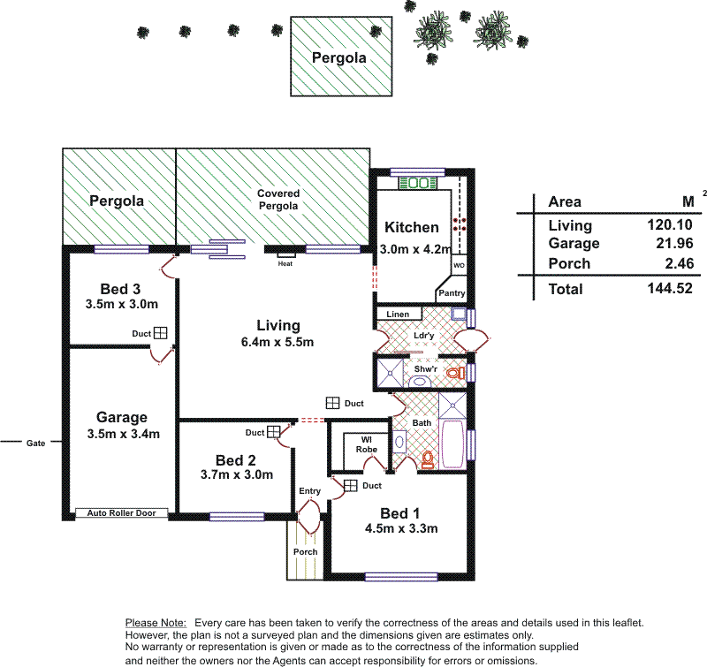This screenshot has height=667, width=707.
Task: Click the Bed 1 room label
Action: [394, 513]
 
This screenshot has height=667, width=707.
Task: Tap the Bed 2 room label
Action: [235, 459]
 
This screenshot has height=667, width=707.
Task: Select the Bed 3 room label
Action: [121, 289]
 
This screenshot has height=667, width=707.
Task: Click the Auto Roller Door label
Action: [121, 513]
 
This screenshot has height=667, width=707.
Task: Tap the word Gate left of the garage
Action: [35, 443]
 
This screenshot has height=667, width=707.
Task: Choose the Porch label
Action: [305, 552]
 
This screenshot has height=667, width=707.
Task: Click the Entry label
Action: [310, 491]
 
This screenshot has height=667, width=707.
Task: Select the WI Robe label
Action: [367, 443]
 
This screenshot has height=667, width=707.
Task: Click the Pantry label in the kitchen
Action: [452, 292]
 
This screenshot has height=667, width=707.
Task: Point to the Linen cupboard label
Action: [397, 315]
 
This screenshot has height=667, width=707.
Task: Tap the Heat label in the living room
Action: [285, 264]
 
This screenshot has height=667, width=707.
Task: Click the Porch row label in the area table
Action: [569, 263]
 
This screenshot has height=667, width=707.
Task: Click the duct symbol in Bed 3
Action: [161, 333]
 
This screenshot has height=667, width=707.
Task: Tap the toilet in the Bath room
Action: [428, 459]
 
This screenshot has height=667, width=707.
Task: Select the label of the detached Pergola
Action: [339, 58]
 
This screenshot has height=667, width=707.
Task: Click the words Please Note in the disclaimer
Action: [156, 623]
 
